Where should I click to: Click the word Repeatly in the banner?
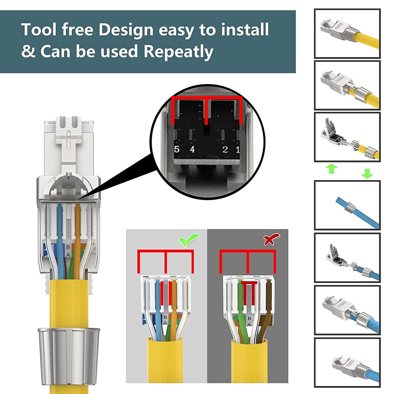coord(179,52)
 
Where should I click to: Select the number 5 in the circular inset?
coord(177,149)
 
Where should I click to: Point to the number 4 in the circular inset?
coord(191,149)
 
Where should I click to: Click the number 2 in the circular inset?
coord(225,149)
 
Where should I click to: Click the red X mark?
coord(272,240)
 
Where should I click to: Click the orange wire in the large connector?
coord(78,239)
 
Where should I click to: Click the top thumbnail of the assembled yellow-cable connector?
coord(347,33)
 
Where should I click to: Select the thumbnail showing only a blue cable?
coord(347,205)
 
